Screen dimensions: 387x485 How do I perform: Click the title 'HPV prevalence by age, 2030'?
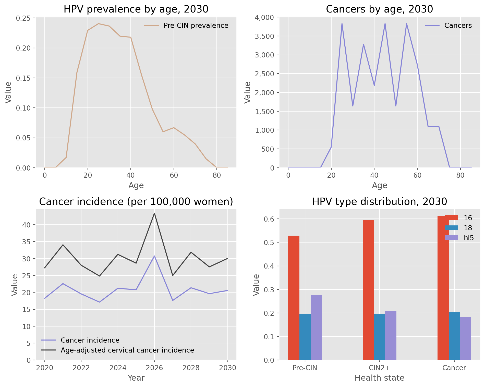tap(136, 9)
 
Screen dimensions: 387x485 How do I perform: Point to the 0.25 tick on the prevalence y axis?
tap(26, 18)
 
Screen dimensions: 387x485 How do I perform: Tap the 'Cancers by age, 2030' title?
tap(379, 9)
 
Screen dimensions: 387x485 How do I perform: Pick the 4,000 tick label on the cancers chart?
tap(264, 17)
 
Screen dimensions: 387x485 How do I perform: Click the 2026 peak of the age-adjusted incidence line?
tap(154, 213)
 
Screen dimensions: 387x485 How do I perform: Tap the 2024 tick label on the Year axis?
tap(118, 368)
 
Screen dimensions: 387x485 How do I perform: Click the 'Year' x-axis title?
tap(136, 378)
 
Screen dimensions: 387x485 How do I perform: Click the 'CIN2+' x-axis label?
tap(379, 368)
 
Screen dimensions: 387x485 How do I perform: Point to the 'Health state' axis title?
tap(379, 378)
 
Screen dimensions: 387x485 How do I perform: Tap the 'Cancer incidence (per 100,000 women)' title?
tap(136, 202)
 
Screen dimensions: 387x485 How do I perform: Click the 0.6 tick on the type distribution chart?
tap(270, 219)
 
